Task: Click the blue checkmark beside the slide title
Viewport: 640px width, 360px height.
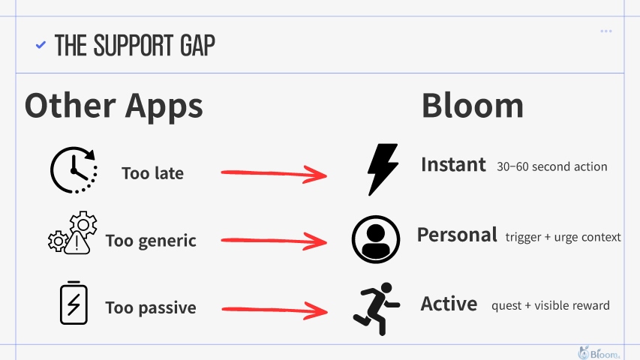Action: tap(41, 44)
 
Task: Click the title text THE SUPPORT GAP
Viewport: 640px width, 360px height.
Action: tap(135, 45)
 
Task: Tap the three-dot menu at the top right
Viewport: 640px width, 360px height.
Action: tap(606, 31)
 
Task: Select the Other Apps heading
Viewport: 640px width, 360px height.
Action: tap(113, 106)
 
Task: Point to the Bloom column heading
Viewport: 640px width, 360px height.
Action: tap(472, 106)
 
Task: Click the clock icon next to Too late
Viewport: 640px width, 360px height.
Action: tap(74, 169)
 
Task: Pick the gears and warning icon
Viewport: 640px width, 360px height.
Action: tap(73, 233)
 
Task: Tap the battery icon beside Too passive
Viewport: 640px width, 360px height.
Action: tap(74, 303)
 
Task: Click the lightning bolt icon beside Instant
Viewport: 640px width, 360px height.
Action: tap(383, 169)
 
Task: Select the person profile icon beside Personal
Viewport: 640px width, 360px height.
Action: tap(376, 239)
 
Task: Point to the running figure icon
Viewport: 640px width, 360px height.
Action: tap(377, 308)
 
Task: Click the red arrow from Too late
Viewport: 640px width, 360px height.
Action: tap(274, 173)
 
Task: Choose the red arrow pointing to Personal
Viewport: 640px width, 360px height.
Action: tap(274, 241)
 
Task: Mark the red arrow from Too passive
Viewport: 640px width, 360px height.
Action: tap(275, 310)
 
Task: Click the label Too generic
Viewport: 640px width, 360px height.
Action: tap(151, 241)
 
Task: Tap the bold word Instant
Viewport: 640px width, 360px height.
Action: tap(453, 165)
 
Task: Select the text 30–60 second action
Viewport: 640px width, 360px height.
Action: tap(551, 166)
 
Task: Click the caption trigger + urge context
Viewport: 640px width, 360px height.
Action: tap(563, 237)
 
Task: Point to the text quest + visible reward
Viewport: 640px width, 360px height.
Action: tap(551, 305)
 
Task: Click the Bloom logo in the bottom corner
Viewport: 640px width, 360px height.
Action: tap(599, 352)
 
